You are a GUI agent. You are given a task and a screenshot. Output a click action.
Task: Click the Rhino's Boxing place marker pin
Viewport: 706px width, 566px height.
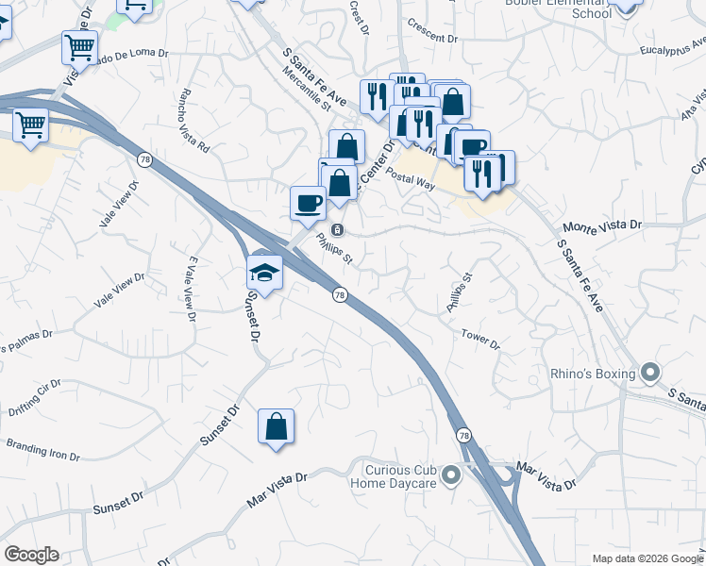649,374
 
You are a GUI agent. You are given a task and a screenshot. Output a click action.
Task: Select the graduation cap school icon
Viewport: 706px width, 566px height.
265,273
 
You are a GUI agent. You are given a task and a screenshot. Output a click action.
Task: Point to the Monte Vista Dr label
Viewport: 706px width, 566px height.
601,226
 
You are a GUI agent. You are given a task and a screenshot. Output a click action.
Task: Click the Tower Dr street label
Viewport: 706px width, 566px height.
480,338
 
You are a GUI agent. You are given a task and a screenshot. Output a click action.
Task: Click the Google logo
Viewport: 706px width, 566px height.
31,555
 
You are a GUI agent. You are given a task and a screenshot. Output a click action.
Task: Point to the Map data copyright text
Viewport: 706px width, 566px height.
646,558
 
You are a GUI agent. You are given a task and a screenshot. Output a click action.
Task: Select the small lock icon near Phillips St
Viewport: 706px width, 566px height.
337,229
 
